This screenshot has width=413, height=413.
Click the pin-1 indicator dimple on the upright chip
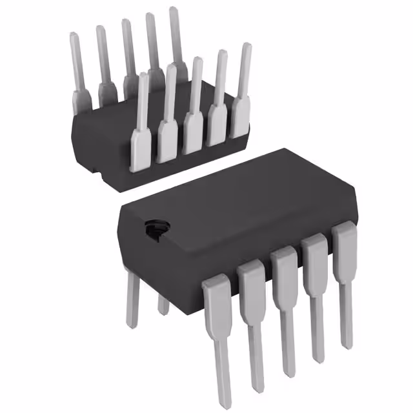(x=156, y=228)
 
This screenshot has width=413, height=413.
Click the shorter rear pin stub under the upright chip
(x=164, y=303)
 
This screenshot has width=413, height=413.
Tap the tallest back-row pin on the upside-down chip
(x=176, y=39)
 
